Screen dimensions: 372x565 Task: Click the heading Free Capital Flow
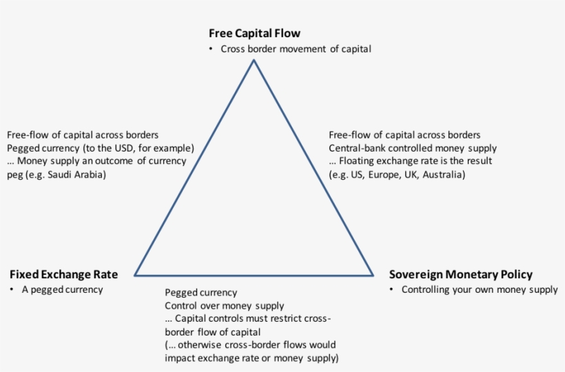(254, 33)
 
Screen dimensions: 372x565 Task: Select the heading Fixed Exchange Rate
(63, 274)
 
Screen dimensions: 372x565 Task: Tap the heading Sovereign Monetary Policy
(460, 274)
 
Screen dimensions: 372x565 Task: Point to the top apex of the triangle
(254, 61)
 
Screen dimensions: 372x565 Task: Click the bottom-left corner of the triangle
(135, 275)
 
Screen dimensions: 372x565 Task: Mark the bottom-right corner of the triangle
(373, 275)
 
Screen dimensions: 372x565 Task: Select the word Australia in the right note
(444, 174)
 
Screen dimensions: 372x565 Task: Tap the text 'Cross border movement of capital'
(296, 49)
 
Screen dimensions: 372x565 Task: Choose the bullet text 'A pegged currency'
(63, 289)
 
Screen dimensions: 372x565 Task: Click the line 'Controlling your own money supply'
(480, 289)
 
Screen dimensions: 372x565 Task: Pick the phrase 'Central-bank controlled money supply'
(413, 148)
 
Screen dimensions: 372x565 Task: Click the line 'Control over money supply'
(224, 306)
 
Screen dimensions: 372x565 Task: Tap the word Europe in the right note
(389, 174)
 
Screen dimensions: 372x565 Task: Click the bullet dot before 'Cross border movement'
(210, 49)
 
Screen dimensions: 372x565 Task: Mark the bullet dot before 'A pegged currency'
(12, 289)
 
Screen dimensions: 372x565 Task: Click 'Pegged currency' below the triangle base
(201, 293)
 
